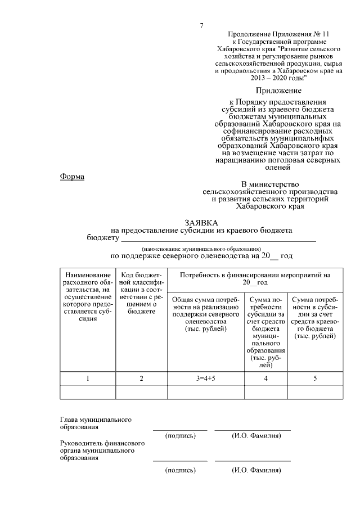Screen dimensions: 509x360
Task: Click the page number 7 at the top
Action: coord(201,26)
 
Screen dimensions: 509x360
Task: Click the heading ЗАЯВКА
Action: coord(201,223)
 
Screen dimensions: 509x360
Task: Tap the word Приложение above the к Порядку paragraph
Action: coord(278,90)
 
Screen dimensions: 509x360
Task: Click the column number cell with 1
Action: coord(88,379)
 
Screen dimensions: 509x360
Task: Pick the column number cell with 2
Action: coord(141,379)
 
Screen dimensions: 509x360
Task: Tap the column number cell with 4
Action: coord(265,379)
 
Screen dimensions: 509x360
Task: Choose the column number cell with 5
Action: coord(314,379)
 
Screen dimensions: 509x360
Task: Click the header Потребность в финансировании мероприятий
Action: coord(255,278)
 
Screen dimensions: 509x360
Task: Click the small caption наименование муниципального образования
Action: coord(201,247)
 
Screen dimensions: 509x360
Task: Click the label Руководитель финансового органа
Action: coord(102,451)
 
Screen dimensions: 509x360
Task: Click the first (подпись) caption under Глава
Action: coord(180,435)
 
